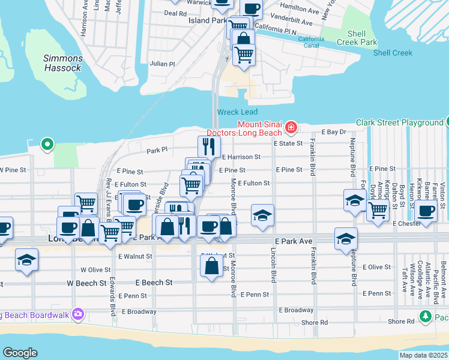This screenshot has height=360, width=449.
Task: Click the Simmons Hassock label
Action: [x=62, y=63]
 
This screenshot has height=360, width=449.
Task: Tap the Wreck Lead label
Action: [x=237, y=112]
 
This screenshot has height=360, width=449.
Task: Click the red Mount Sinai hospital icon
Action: [x=291, y=127]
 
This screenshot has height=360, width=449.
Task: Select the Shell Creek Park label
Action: [x=357, y=38]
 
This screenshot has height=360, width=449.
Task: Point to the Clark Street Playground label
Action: [x=399, y=122]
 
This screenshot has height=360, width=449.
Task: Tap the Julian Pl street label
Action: [x=162, y=64]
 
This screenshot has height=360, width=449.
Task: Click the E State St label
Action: [x=289, y=143]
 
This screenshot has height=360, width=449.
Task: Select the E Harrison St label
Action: [x=241, y=157]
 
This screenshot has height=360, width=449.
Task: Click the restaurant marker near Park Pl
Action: [x=209, y=146]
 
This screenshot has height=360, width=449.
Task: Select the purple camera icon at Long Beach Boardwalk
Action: [x=77, y=314]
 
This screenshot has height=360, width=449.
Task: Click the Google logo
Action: [x=20, y=353]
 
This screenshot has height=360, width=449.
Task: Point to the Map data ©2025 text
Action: [x=423, y=355]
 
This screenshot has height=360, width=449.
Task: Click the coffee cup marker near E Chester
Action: [x=426, y=211]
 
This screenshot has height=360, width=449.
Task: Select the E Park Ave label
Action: [x=294, y=241]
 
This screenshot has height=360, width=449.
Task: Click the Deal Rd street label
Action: [x=175, y=13]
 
